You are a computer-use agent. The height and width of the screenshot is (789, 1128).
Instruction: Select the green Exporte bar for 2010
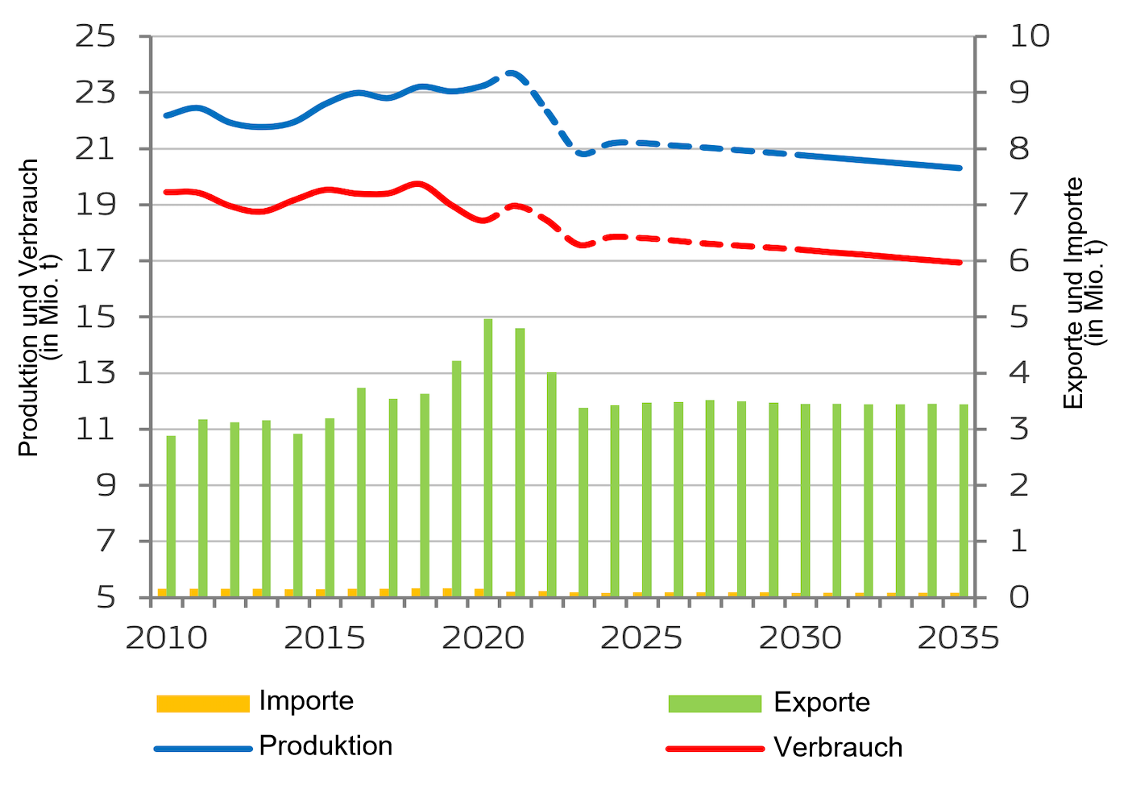tap(171, 516)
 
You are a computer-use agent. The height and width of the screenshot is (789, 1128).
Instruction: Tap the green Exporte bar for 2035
tap(964, 500)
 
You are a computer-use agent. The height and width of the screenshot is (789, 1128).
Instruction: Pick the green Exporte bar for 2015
tap(330, 508)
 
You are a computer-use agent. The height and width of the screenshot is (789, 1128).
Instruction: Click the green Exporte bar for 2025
tap(646, 500)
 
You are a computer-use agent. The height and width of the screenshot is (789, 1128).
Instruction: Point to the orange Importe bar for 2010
tap(162, 593)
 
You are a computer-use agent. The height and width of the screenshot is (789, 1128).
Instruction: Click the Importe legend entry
tap(306, 701)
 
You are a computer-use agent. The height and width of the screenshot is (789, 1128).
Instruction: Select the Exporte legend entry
tap(821, 703)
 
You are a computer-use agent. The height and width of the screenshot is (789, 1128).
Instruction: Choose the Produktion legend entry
tap(326, 746)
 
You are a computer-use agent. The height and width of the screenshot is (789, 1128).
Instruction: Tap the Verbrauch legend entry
tap(837, 748)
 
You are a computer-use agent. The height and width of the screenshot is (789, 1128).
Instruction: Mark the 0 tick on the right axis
tap(1018, 597)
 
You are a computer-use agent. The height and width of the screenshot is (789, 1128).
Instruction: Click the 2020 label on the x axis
tap(483, 637)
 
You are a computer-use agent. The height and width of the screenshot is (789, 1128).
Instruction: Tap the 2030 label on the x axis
tap(800, 637)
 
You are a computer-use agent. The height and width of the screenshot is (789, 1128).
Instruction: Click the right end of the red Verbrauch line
tap(961, 263)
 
